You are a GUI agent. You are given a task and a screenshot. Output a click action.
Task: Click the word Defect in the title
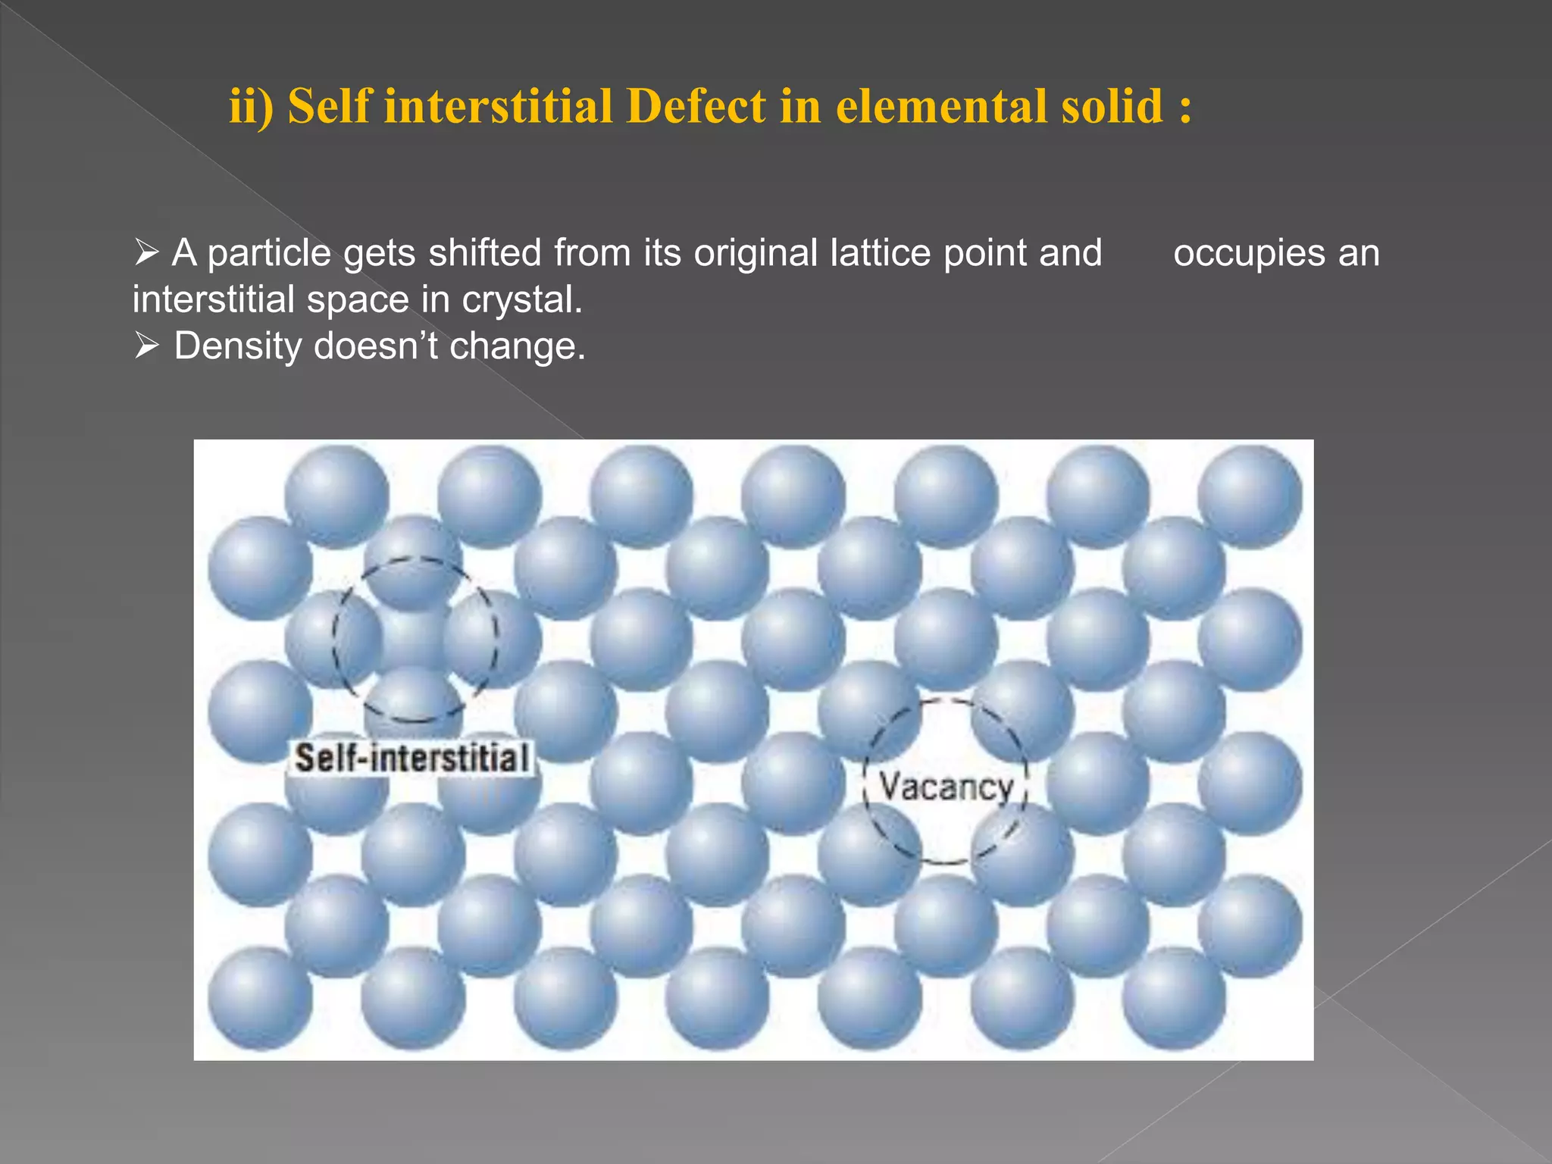696,106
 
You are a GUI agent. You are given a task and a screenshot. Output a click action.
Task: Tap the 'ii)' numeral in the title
251,106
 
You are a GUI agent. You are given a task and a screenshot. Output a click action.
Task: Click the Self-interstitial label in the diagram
411,759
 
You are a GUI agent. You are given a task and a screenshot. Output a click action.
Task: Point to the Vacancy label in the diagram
946,787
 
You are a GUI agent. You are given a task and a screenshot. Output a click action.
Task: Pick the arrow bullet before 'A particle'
146,252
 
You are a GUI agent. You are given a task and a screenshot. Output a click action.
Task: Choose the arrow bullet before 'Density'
146,346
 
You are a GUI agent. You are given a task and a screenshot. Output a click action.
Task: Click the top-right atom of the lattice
1250,496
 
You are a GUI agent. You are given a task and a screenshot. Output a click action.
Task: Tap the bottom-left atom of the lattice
260,999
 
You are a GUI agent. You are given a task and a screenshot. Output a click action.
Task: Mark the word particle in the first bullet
269,254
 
